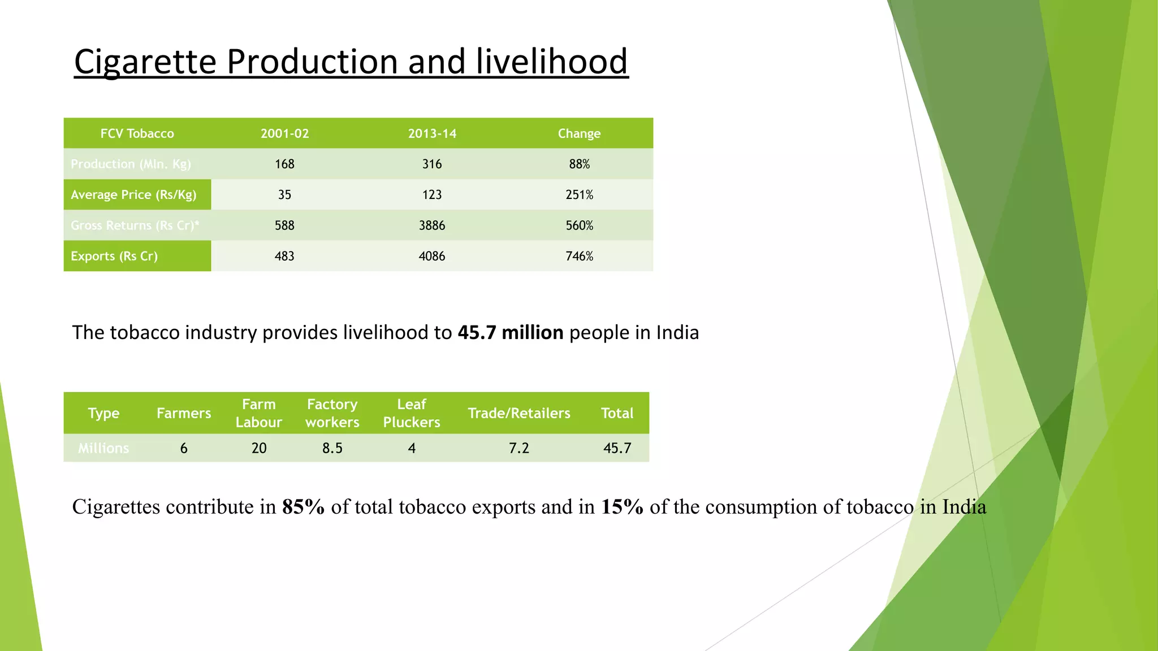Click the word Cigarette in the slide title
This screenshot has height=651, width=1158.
point(145,62)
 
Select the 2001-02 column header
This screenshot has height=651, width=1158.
point(284,134)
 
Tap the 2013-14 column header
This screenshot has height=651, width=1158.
point(432,134)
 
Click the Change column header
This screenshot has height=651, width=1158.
point(579,134)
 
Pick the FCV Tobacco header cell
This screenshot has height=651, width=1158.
point(137,134)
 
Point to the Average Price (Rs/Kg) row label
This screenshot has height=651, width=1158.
point(133,195)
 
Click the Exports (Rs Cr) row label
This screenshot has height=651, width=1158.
point(114,256)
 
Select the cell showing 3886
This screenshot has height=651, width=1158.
point(432,225)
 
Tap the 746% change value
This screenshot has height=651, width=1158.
point(579,256)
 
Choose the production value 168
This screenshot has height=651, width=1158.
point(284,164)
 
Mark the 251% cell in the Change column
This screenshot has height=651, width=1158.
point(579,195)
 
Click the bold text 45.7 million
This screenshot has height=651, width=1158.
point(510,333)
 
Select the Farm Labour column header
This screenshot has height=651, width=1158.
point(258,413)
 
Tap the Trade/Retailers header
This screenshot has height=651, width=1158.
point(518,413)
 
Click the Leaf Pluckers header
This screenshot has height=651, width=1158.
point(411,413)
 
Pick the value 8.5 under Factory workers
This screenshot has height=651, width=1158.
point(332,448)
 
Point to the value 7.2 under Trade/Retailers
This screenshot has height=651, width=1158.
point(518,448)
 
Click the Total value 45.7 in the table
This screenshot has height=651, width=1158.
point(617,448)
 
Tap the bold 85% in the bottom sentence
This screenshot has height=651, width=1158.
point(303,507)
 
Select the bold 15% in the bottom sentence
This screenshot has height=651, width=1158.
point(622,507)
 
